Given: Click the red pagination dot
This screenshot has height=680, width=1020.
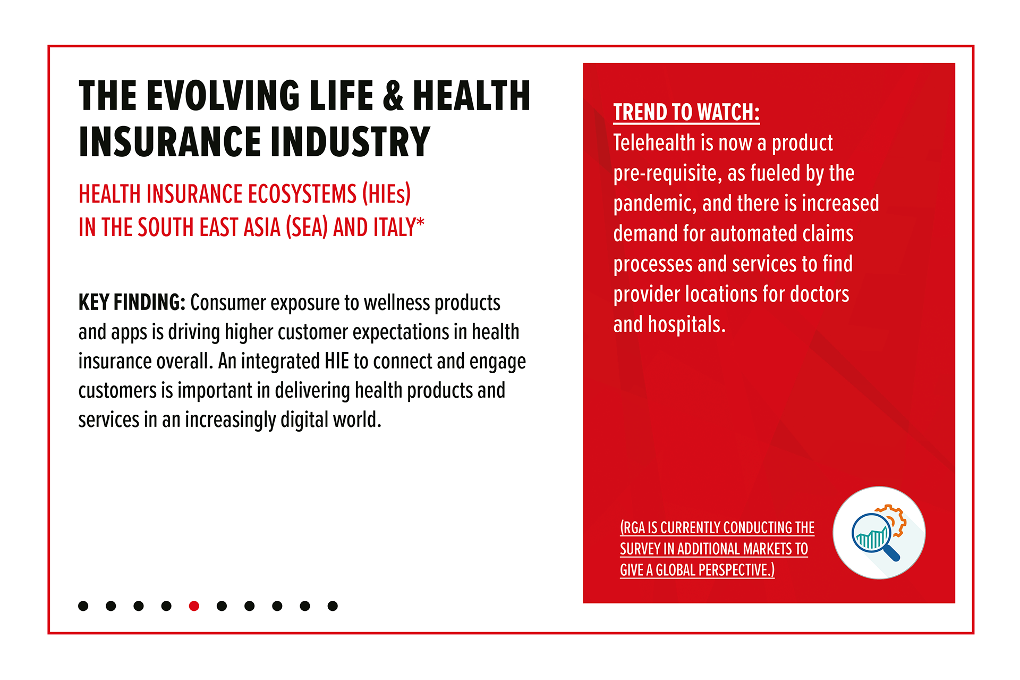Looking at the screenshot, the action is click(x=194, y=606).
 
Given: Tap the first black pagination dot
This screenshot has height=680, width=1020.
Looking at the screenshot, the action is click(x=83, y=606).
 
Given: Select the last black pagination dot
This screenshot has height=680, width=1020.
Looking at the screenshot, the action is click(x=333, y=606).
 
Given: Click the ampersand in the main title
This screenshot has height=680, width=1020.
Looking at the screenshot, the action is click(x=393, y=96).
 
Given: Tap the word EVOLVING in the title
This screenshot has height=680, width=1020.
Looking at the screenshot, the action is click(x=223, y=96).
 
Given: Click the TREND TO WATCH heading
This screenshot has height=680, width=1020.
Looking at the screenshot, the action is click(x=686, y=112).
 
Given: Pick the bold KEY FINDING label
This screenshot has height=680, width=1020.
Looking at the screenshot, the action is click(x=132, y=303).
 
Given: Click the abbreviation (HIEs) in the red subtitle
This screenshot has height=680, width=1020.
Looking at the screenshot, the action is click(x=386, y=194).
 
